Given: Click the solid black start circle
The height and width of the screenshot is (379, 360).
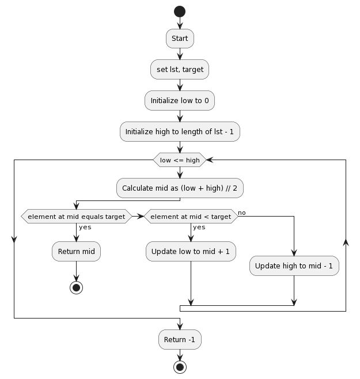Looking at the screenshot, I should click(x=180, y=11).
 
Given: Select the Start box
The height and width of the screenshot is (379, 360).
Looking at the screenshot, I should click(x=180, y=39).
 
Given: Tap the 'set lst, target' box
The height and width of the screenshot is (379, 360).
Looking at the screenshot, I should click(x=180, y=70).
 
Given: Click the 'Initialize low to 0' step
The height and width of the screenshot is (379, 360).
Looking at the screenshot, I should click(x=180, y=101).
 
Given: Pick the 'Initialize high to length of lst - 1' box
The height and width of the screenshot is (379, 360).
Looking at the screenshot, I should click(x=180, y=132).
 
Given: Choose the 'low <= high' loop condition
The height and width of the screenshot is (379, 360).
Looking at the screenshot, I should click(x=180, y=160).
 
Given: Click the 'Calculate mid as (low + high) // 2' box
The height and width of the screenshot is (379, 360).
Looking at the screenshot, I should click(x=180, y=188).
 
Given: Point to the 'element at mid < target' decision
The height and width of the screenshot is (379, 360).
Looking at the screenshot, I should click(x=190, y=217).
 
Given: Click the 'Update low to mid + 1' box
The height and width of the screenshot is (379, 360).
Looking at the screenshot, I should click(x=190, y=251).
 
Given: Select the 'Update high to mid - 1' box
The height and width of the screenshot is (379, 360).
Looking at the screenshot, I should click(x=294, y=267).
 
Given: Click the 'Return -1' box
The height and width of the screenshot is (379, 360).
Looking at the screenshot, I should click(x=180, y=339).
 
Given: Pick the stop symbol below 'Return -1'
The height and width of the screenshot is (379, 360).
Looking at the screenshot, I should click(x=180, y=366).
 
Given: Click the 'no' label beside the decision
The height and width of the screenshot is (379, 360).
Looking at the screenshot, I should click(x=242, y=213).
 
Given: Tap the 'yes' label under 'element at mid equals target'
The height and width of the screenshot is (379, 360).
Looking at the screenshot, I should click(x=85, y=227).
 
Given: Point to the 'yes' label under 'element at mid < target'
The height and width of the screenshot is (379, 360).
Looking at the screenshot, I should click(x=199, y=227).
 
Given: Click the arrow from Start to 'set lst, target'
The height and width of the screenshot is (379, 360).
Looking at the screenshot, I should click(x=180, y=54).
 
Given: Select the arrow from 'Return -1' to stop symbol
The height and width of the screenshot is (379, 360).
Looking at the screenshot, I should click(x=180, y=354).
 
